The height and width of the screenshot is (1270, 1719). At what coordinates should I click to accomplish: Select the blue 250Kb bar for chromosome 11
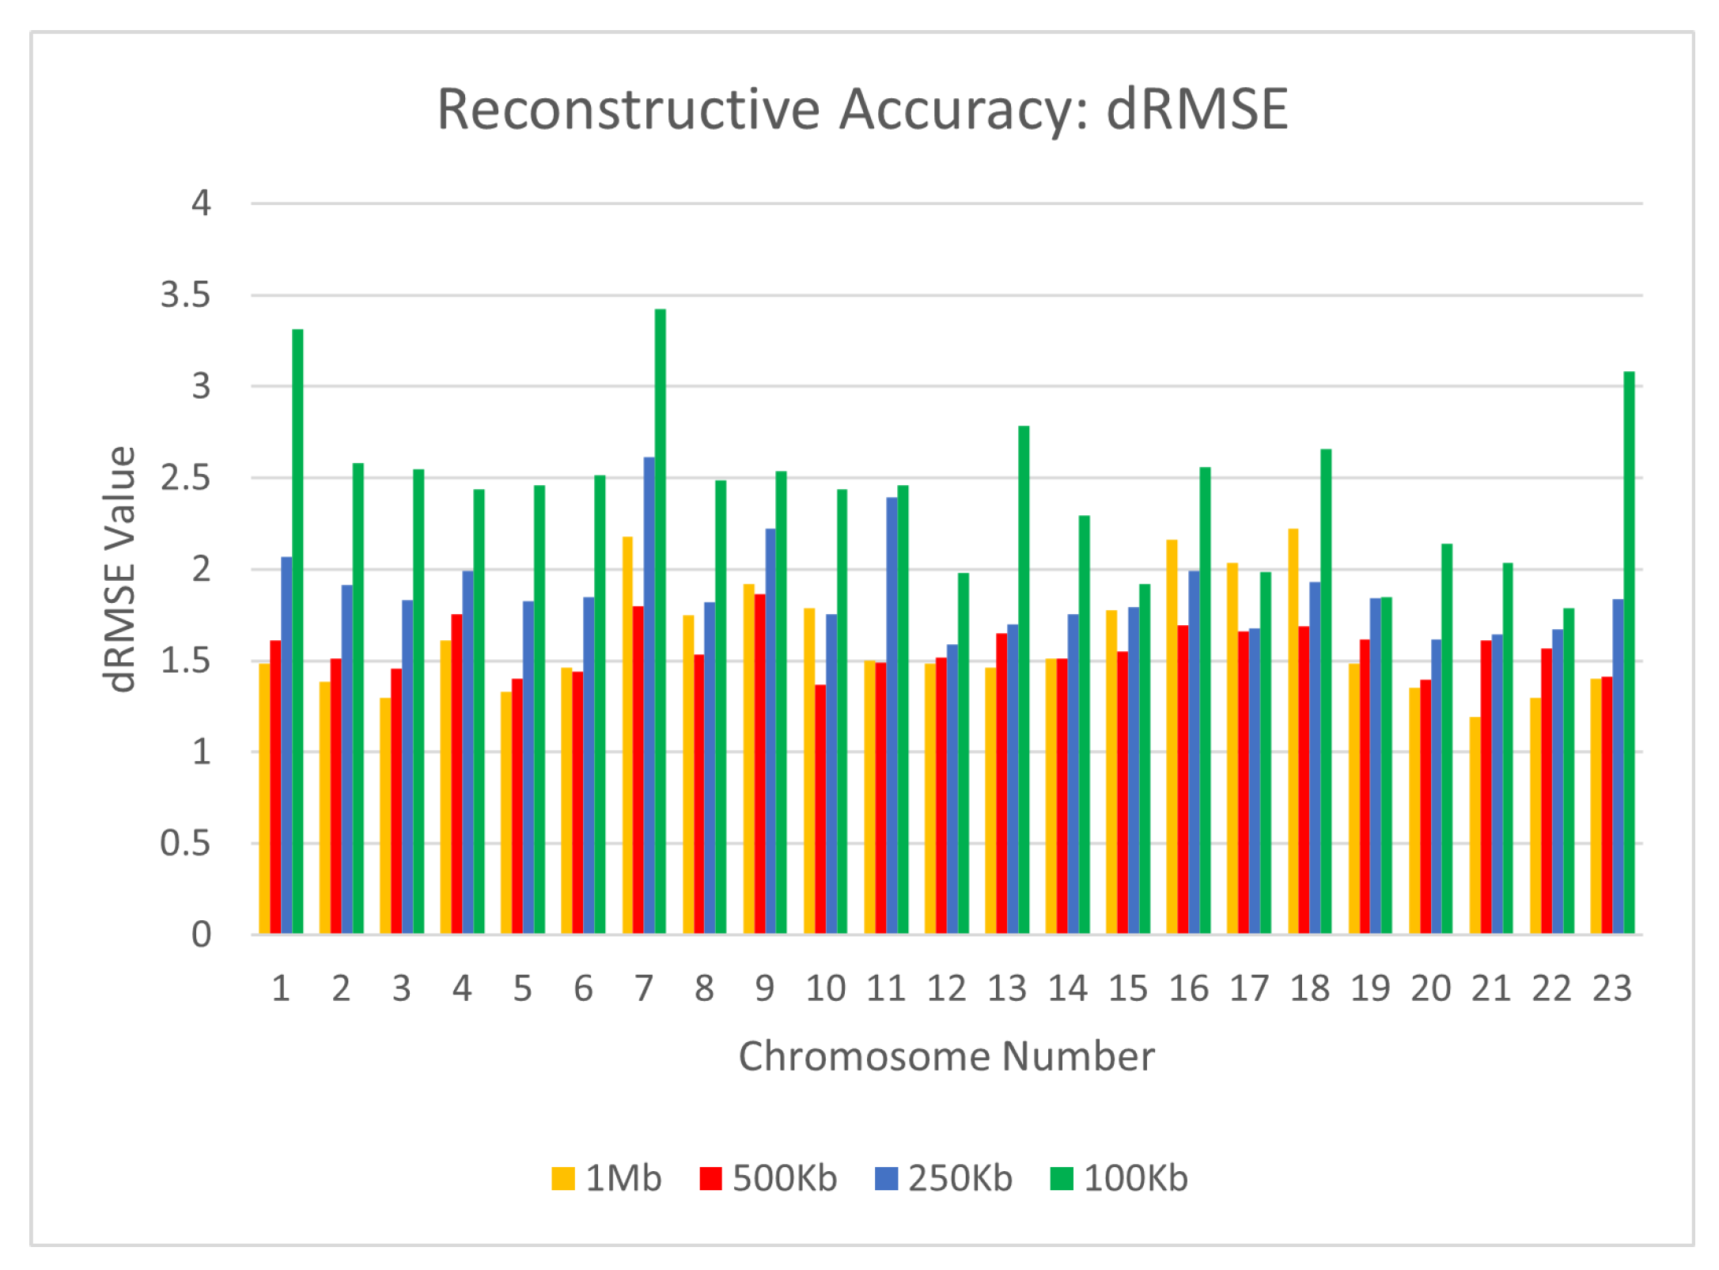pyautogui.click(x=892, y=716)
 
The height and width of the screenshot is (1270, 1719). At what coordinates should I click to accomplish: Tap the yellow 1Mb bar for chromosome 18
pyautogui.click(x=1293, y=732)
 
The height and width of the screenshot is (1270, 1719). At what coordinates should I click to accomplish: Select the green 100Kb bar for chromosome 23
pyautogui.click(x=1629, y=653)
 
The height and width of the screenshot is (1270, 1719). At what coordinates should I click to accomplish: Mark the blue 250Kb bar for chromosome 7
pyautogui.click(x=649, y=696)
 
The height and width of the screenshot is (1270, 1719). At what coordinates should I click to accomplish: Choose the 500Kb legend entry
pyautogui.click(x=768, y=1178)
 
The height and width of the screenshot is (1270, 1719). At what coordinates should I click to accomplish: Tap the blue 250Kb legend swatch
pyautogui.click(x=886, y=1178)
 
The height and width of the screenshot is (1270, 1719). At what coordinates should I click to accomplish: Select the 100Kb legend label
pyautogui.click(x=1135, y=1178)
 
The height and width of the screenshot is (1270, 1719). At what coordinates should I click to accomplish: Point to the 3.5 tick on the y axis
pyautogui.click(x=186, y=295)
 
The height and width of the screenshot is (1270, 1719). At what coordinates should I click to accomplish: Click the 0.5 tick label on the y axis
pyautogui.click(x=186, y=844)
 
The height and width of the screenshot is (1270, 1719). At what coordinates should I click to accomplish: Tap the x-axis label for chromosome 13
pyautogui.click(x=1007, y=988)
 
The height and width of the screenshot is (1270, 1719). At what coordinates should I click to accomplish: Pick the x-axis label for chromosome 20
pyautogui.click(x=1430, y=988)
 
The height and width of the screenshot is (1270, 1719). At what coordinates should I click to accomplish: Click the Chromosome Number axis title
pyautogui.click(x=946, y=1056)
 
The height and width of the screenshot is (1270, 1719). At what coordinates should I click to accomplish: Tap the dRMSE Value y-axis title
pyautogui.click(x=120, y=570)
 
